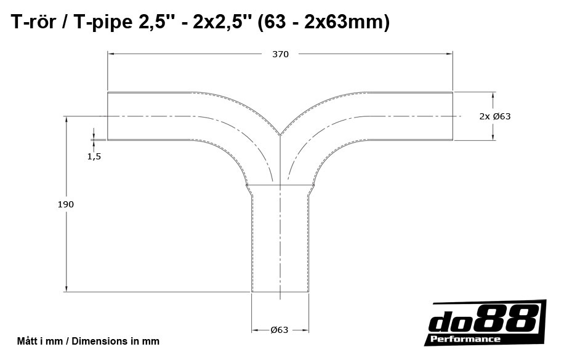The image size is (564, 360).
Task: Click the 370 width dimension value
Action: coord(280,54)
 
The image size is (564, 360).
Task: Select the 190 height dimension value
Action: coord(66,204)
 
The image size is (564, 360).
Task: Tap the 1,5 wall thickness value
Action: coord(94,156)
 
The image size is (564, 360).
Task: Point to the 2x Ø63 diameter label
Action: coord(495,116)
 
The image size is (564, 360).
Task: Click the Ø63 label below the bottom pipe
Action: coord(280,330)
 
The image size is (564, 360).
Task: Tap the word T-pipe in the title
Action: coord(102,23)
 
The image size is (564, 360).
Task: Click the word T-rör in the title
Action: coord(35,23)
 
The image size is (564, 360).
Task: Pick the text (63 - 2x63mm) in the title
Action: coord(324,23)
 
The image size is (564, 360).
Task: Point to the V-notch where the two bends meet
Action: coord(280,135)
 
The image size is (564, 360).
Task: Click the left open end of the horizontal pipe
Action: coord(108,116)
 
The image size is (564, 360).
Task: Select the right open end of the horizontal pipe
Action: coord(453,116)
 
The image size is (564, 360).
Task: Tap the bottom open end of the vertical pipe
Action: coord(280,292)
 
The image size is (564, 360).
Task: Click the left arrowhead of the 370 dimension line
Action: coord(111,54)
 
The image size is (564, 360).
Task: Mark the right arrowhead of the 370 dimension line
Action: coord(450,54)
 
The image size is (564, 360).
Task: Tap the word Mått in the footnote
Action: coord(27,341)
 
